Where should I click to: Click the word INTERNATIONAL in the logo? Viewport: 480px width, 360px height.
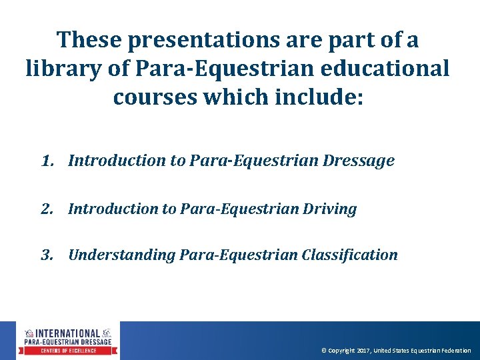67,333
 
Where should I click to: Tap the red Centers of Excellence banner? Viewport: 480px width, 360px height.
67,351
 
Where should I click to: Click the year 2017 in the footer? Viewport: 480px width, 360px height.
363,351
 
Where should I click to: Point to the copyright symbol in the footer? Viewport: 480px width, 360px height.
324,351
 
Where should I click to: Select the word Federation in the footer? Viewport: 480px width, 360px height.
455,351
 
